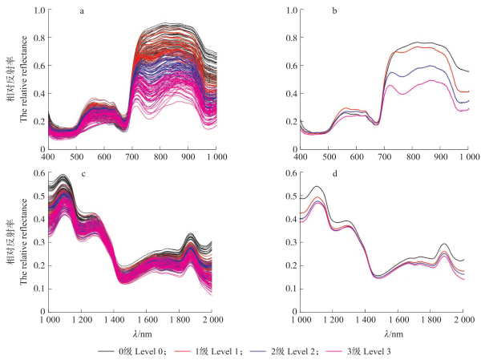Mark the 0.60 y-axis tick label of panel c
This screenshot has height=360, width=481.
pyautogui.click(x=37, y=172)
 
